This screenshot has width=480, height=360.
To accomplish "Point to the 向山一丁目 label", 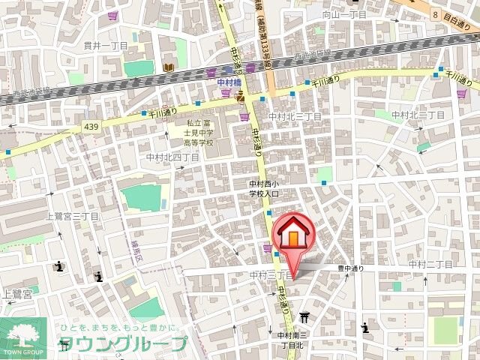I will [x=343, y=14].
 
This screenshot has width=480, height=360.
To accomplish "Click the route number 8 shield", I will [x=434, y=14].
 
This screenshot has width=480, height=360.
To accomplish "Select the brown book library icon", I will [x=169, y=68].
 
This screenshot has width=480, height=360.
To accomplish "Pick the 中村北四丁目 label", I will [x=172, y=157].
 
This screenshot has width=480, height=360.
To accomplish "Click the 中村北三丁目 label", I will [x=295, y=117].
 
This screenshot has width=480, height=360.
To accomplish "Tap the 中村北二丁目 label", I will [x=418, y=115].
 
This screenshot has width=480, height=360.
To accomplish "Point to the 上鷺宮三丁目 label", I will [x=73, y=216].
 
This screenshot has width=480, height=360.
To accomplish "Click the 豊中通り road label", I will [x=349, y=268].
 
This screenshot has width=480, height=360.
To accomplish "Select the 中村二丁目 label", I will [x=430, y=265].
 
